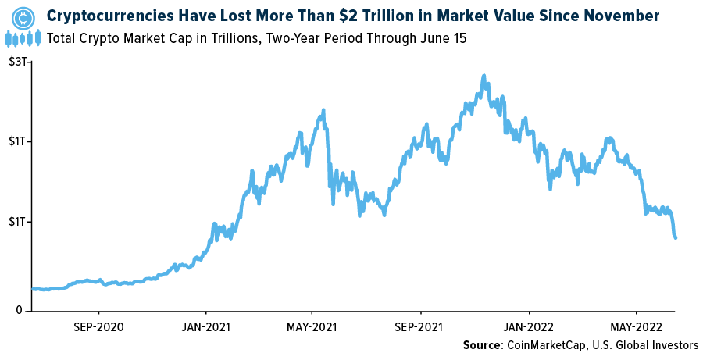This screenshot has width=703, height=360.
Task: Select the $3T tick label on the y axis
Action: pos(17,62)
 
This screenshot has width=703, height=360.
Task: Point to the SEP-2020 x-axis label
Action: pos(98,326)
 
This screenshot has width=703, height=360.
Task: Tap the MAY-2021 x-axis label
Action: pos(311,326)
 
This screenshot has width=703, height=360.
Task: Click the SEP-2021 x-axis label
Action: pos(420,326)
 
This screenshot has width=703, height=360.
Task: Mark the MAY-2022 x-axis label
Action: pos(634,326)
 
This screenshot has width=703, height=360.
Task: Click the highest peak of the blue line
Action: pos(484,77)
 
